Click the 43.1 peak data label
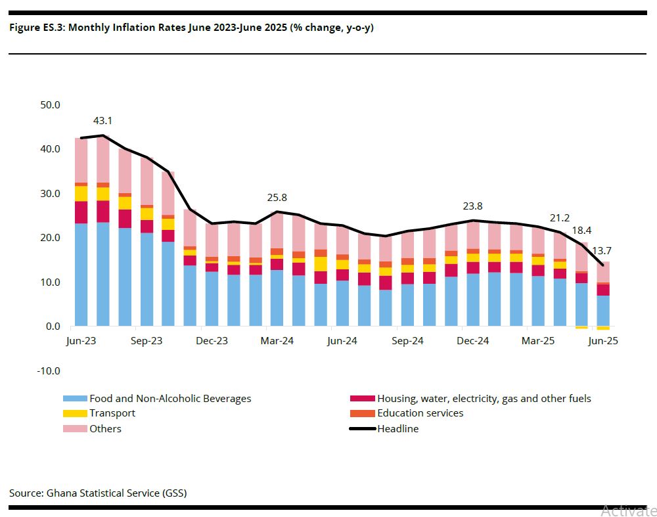tap(102, 121)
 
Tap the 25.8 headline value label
tap(277, 197)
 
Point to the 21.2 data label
tap(560, 217)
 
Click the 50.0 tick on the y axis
tap(50, 104)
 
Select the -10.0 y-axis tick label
tap(48, 371)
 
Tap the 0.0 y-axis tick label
tap(53, 326)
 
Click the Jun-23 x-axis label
tap(81, 342)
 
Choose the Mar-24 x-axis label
tap(277, 342)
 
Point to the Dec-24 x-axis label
tap(473, 342)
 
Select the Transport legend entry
tap(112, 413)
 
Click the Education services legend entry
tap(420, 413)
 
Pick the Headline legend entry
tap(397, 429)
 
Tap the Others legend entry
tap(105, 429)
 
